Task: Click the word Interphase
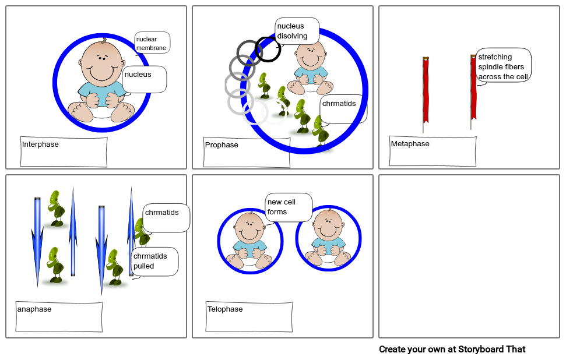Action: coord(40,144)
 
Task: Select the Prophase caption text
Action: coord(222,145)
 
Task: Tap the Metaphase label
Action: coord(410,143)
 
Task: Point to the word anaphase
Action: coord(34,309)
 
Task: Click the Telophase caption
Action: coord(225,309)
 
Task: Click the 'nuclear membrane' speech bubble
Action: coord(152,43)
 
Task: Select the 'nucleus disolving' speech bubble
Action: coord(297,31)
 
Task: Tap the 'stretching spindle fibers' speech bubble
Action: coord(503,66)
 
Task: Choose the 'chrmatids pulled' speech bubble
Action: coord(154,262)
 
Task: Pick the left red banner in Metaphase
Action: coord(426,94)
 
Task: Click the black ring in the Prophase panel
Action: coord(268,49)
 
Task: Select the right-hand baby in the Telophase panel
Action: coord(328,238)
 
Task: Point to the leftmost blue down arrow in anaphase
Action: coord(37,242)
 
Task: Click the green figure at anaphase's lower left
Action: coord(55,265)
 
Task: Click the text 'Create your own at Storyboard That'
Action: coord(452,349)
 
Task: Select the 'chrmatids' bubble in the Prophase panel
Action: coord(343,109)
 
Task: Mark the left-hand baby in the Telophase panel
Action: coord(249,240)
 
